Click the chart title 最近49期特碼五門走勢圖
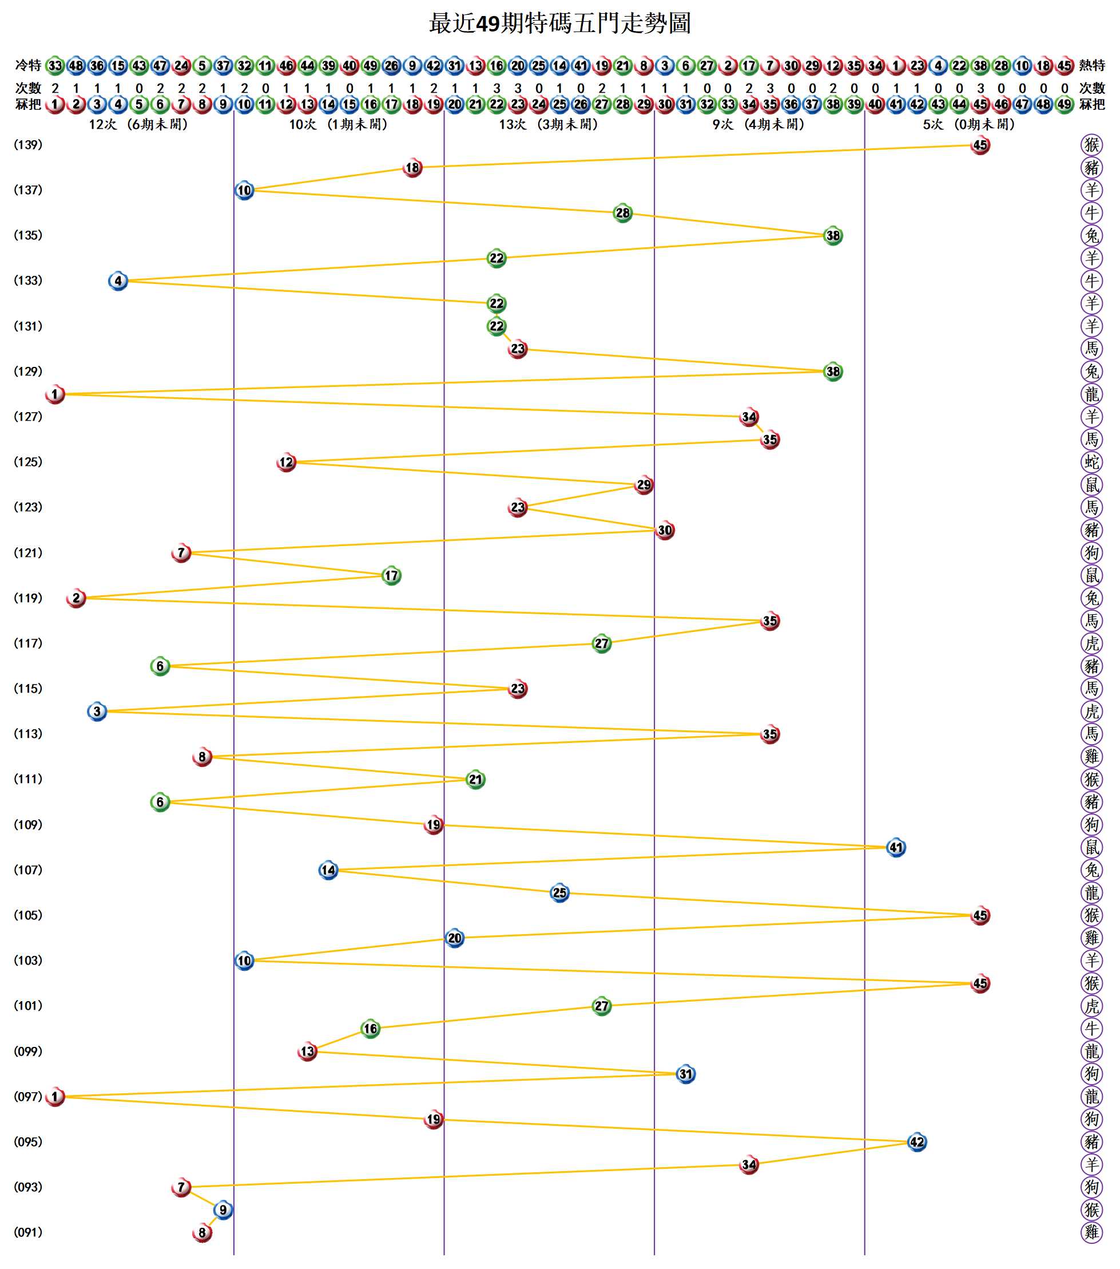click(x=559, y=23)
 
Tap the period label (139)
click(x=28, y=145)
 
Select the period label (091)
click(x=28, y=1232)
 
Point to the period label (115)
click(x=28, y=689)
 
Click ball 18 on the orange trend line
click(x=412, y=168)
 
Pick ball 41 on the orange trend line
click(x=896, y=848)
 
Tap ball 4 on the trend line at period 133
click(x=118, y=280)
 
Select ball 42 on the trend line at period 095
click(x=917, y=1142)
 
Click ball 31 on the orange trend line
click(x=686, y=1074)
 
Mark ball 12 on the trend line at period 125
click(x=286, y=462)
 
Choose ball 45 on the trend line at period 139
click(x=980, y=145)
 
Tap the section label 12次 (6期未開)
click(x=138, y=125)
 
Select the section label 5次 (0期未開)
click(x=968, y=125)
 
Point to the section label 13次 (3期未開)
click(x=549, y=125)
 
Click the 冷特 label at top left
click(x=28, y=65)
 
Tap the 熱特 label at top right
click(x=1092, y=65)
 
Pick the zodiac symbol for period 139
click(x=1091, y=145)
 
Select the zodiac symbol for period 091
click(x=1091, y=1232)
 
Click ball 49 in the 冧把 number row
click(x=1065, y=104)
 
